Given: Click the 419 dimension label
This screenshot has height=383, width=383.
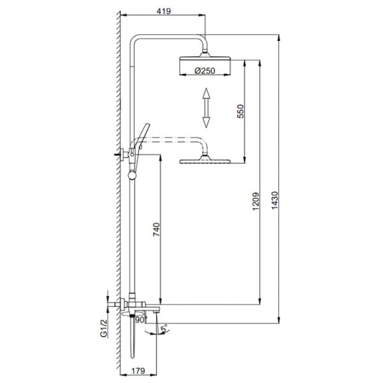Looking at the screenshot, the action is [x=163, y=11].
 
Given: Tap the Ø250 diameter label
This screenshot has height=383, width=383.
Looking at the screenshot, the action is [x=205, y=71].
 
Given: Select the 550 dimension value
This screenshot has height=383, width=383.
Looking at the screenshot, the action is [x=241, y=111].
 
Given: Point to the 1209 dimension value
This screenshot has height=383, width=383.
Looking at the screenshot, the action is [x=255, y=201].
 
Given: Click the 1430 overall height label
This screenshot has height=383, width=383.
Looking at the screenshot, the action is [x=274, y=200].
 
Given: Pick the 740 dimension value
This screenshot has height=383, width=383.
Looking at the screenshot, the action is [x=156, y=229].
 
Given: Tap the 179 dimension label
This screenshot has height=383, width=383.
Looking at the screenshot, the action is [x=139, y=371].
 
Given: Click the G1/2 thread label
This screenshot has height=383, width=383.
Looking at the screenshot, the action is [x=104, y=328].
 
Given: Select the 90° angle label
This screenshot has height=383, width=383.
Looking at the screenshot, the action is [x=142, y=320].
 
